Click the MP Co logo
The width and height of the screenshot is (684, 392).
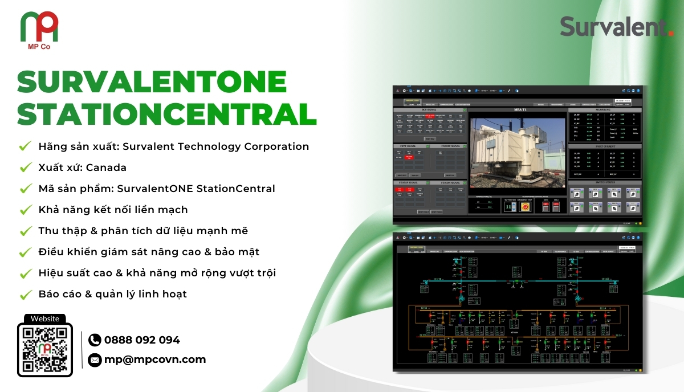39,28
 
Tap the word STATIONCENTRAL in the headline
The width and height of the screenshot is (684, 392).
166,114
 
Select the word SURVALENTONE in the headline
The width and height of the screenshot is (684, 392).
152,82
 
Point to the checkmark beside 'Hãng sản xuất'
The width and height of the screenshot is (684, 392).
25,146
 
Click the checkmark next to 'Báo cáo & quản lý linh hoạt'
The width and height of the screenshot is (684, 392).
25,295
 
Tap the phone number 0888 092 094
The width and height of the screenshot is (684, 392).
142,340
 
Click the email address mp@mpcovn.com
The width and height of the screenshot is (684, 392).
155,360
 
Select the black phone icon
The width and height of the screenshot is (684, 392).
95,340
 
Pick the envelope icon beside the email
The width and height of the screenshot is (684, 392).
95,360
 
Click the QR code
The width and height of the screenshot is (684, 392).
45,349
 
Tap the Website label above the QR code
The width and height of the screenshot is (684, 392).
45,319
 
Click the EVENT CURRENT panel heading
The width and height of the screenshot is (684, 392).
604,146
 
